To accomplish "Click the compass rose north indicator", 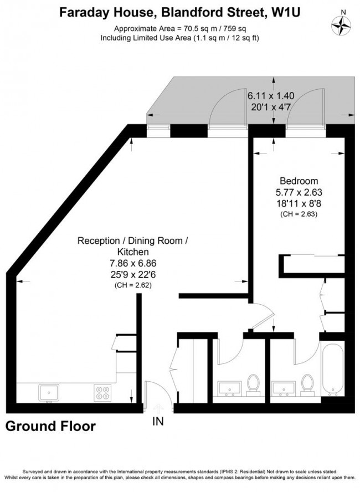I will (x=342, y=24).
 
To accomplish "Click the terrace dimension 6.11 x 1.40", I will (x=271, y=95).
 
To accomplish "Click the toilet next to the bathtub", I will (x=307, y=383).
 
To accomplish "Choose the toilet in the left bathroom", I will (x=253, y=383).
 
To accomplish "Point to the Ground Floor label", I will (x=50, y=426).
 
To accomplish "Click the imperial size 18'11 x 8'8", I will (x=299, y=204).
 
